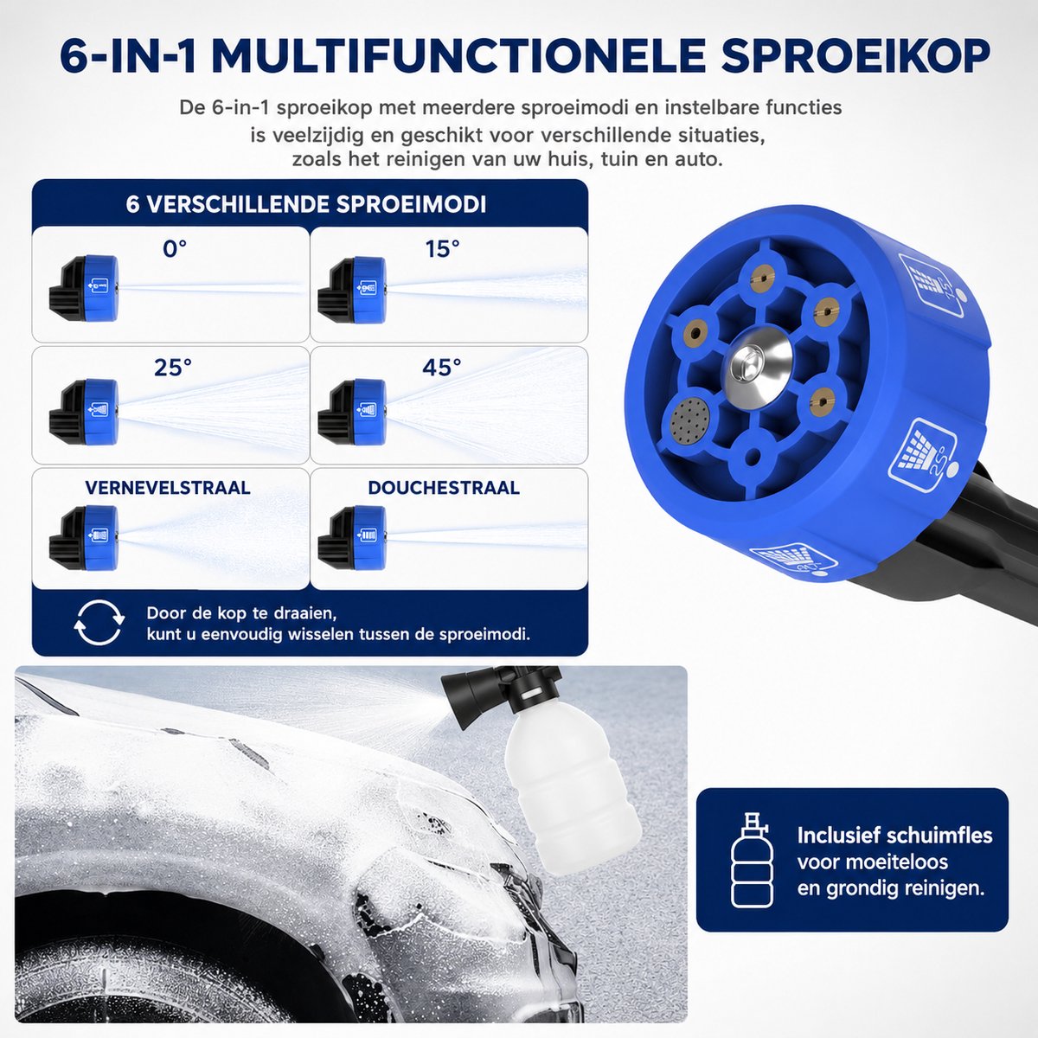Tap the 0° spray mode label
[x=175, y=249]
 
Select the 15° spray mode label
[x=442, y=249]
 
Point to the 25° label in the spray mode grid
[x=173, y=368]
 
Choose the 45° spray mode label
[x=442, y=368]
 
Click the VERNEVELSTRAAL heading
[x=168, y=488]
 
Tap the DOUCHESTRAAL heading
[x=444, y=488]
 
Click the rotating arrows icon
[x=99, y=623]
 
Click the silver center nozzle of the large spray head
[x=760, y=362]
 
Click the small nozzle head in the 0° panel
[x=84, y=289]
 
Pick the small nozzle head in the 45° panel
[x=352, y=412]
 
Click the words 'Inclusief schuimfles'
[x=894, y=836]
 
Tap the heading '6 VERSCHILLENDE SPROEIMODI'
[x=306, y=205]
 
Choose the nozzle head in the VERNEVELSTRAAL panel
[x=84, y=537]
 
